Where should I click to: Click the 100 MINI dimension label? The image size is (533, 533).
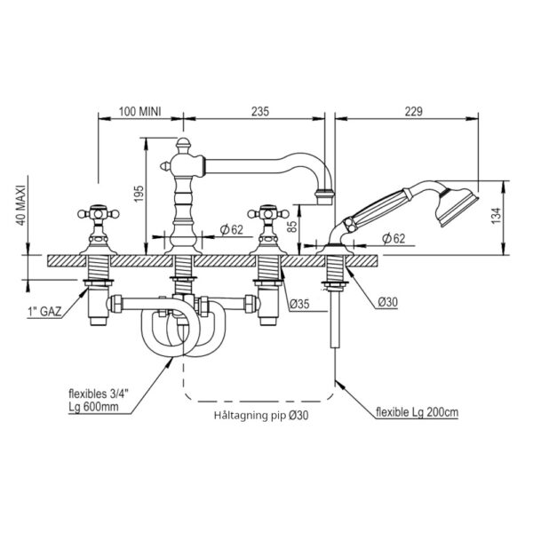pyautogui.click(x=139, y=111)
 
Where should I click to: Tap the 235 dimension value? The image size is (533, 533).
pyautogui.click(x=260, y=111)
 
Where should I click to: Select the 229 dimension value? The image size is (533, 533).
pyautogui.click(x=413, y=111)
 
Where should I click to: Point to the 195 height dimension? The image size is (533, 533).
pyautogui.click(x=139, y=194)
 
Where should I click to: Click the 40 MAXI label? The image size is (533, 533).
pyautogui.click(x=20, y=205)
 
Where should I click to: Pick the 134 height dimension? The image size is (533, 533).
pyautogui.click(x=496, y=215)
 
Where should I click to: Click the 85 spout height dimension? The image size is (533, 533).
pyautogui.click(x=291, y=225)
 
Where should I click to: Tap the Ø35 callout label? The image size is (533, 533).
pyautogui.click(x=300, y=304)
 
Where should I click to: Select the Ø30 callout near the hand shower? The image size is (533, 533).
pyautogui.click(x=388, y=301)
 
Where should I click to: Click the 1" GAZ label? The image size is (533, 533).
pyautogui.click(x=44, y=312)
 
